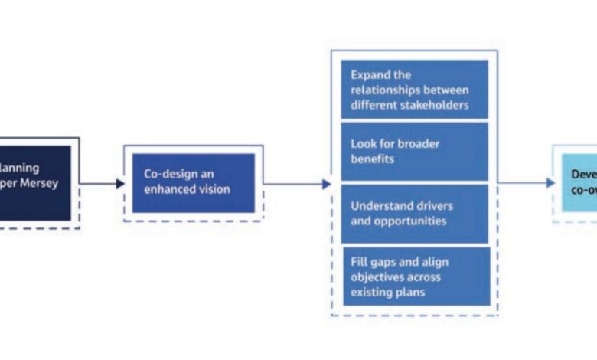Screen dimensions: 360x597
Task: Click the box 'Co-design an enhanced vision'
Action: [x=193, y=182]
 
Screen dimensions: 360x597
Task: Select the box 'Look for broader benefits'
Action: [x=414, y=151]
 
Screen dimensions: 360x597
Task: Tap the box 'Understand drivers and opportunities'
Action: [x=414, y=214]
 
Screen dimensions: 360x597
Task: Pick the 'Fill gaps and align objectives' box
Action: [x=414, y=276]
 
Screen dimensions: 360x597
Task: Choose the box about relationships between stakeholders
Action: [x=414, y=90]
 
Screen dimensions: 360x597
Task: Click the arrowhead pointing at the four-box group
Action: [x=327, y=184]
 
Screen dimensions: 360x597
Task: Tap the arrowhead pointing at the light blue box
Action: [x=550, y=183]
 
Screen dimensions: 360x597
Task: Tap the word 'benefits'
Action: [x=370, y=159]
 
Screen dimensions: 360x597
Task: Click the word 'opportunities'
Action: [x=409, y=221]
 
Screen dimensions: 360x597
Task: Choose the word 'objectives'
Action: [x=377, y=277]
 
